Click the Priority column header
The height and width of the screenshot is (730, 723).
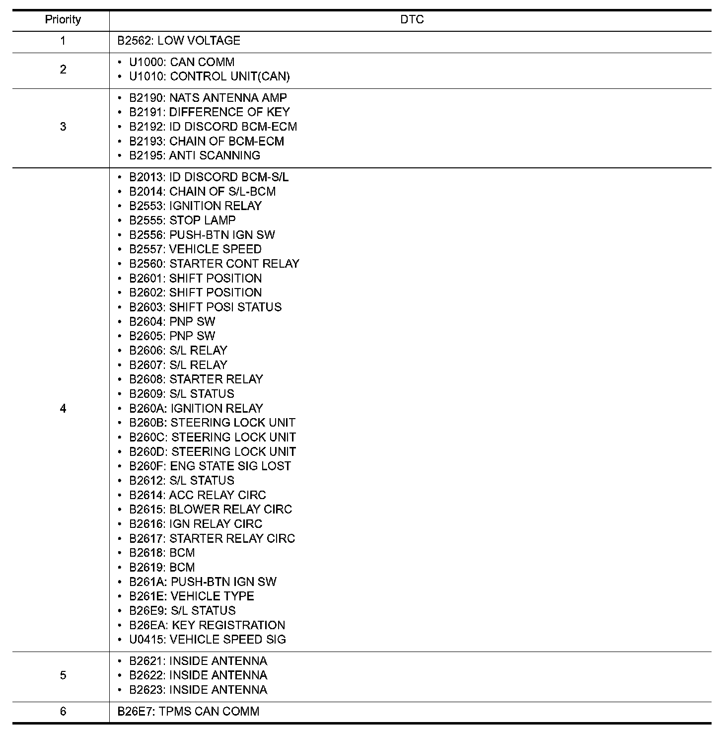pyautogui.click(x=63, y=20)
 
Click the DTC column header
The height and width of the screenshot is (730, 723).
pyautogui.click(x=412, y=20)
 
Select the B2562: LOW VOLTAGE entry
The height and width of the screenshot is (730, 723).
pyautogui.click(x=179, y=41)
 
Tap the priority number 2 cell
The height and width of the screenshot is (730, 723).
pyautogui.click(x=63, y=70)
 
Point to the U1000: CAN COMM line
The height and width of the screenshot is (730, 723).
pyautogui.click(x=182, y=63)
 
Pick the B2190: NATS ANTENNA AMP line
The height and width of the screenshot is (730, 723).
pyautogui.click(x=208, y=98)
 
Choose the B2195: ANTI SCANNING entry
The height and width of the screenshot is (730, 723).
pyautogui.click(x=195, y=155)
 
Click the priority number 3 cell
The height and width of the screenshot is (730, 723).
pyautogui.click(x=63, y=127)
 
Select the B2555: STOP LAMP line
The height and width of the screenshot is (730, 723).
pyautogui.click(x=182, y=220)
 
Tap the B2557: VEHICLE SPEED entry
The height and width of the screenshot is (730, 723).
pyautogui.click(x=195, y=249)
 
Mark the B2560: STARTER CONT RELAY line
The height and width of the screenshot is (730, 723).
pyautogui.click(x=214, y=264)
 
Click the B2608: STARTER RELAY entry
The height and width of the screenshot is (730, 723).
pyautogui.click(x=196, y=379)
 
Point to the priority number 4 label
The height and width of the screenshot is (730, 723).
pyautogui.click(x=63, y=409)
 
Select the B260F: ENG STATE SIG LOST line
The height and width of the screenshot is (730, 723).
pyautogui.click(x=210, y=466)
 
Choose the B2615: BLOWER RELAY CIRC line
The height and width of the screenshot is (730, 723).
pyautogui.click(x=211, y=510)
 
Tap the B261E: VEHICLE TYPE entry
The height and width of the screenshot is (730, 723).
pyautogui.click(x=192, y=596)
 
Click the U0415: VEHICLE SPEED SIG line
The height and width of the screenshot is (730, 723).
pyautogui.click(x=208, y=640)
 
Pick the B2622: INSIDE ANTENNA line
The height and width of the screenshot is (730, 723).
pyautogui.click(x=198, y=675)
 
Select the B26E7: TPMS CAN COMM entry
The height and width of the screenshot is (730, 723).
pyautogui.click(x=188, y=712)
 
